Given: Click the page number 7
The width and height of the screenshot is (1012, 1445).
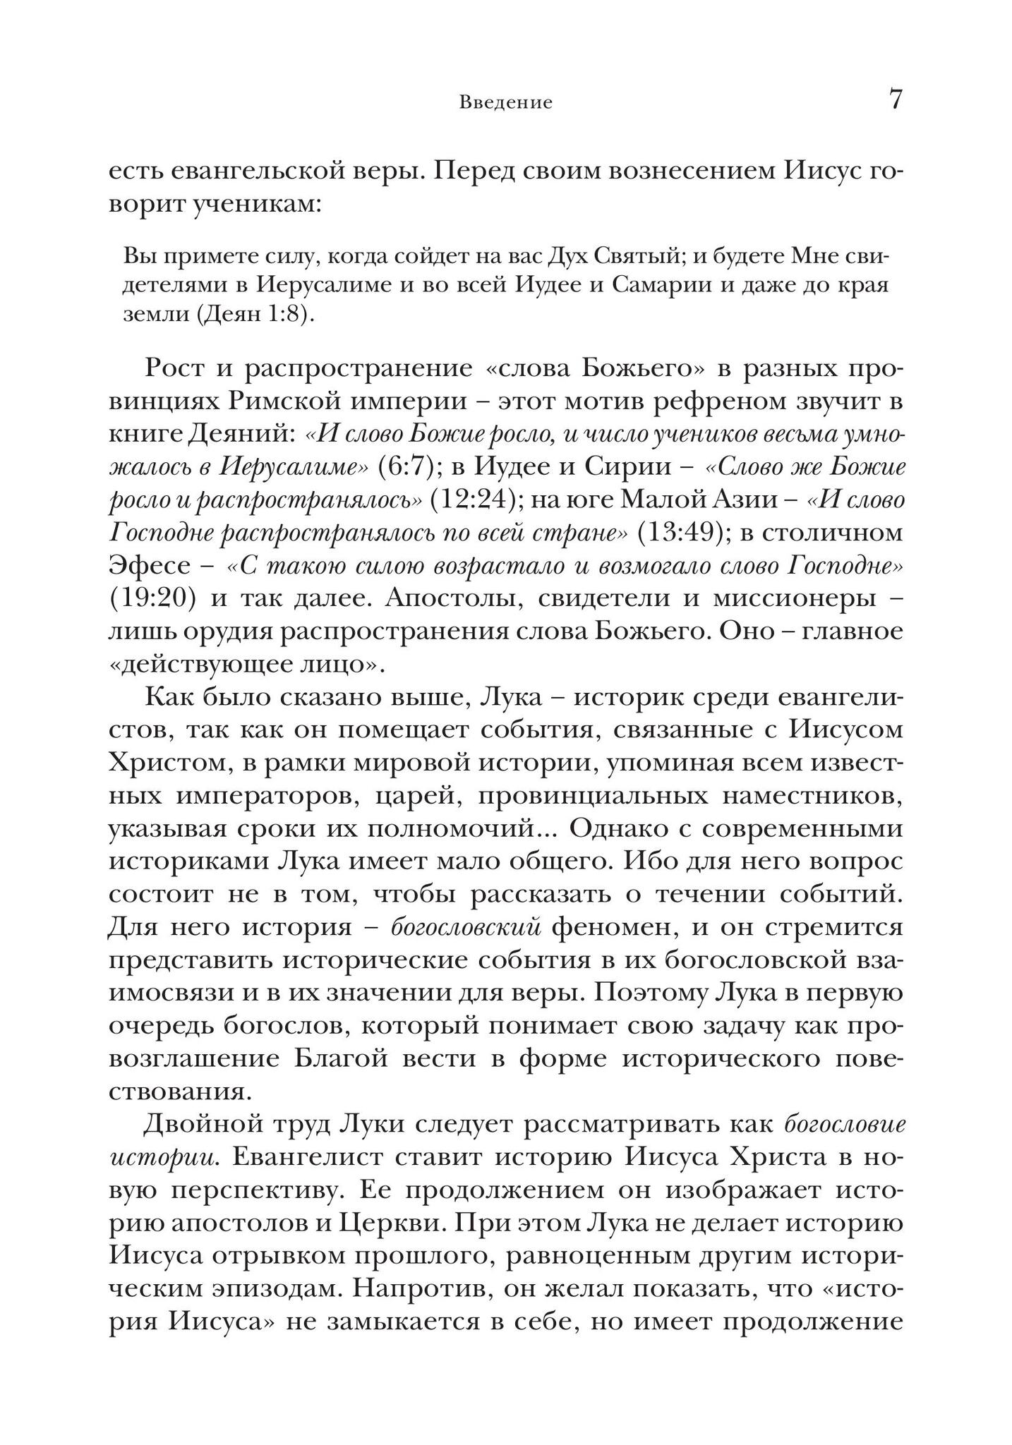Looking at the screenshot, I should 895,99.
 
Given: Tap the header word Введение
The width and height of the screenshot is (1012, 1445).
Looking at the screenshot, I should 505,103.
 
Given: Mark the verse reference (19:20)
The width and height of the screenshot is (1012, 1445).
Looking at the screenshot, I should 152,598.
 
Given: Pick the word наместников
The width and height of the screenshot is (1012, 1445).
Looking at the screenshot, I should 813,795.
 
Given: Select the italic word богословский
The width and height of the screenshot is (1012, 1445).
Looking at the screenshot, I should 466,927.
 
